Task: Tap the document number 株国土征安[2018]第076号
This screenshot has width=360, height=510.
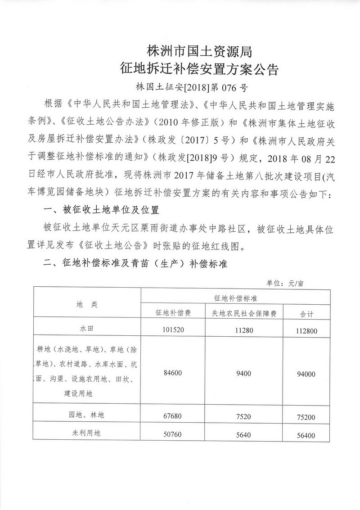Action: (192, 87)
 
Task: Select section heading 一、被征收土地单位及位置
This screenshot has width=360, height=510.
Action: (101, 211)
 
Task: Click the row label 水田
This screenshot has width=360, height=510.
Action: (86, 329)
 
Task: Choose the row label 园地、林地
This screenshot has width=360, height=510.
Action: (86, 415)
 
